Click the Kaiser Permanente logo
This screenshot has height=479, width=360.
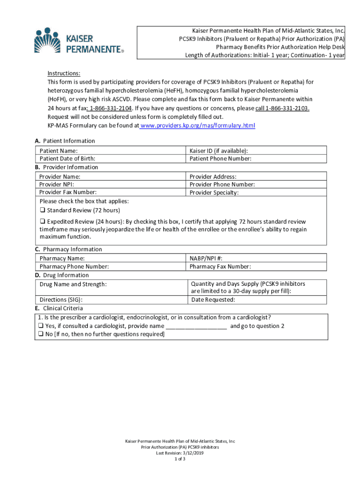coord(79,41)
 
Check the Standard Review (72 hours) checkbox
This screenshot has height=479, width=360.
coord(43,210)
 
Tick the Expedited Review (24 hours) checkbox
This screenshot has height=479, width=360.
coord(43,221)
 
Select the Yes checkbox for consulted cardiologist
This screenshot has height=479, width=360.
coord(41,326)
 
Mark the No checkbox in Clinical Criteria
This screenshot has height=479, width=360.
coord(41,334)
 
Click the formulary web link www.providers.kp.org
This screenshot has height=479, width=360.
coord(198,126)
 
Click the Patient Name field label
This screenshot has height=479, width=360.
coord(58,151)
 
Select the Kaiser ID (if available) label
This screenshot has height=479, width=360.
coord(218,151)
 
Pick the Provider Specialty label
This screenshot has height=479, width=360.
coord(214,193)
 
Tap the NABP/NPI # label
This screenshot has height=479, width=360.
coord(206,258)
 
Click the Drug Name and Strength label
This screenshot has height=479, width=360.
coord(73,284)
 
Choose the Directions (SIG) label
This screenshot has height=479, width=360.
coord(65,300)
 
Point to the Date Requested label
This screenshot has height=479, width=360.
coord(213,300)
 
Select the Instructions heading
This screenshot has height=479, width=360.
coord(64,73)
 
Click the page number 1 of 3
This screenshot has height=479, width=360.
coord(180,459)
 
